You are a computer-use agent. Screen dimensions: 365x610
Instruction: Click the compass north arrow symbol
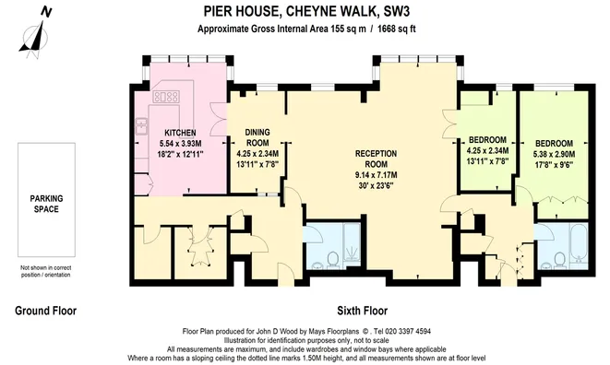click(34, 33)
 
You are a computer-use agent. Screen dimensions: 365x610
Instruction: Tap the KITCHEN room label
click(170, 132)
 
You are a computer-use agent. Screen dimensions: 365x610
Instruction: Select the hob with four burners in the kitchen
click(168, 96)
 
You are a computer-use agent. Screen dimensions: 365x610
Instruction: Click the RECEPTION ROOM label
click(381, 154)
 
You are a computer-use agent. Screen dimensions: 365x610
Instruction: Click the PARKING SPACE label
click(43, 204)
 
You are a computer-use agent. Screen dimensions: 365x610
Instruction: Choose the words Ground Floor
click(45, 311)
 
